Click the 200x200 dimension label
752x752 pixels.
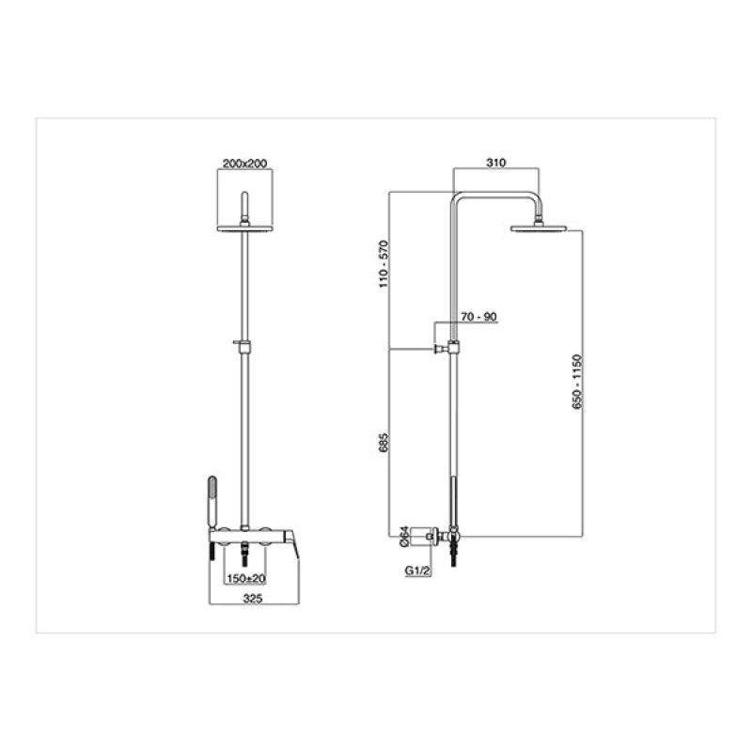[x=244, y=163]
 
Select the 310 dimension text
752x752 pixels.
[x=496, y=163]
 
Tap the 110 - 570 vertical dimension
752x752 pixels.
[x=384, y=264]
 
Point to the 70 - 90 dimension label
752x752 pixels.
[x=478, y=317]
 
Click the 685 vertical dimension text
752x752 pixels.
[x=384, y=443]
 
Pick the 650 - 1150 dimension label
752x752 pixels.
[x=577, y=382]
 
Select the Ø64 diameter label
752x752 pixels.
[x=404, y=537]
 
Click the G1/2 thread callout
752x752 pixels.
[x=418, y=571]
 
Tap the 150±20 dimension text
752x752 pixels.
[x=245, y=579]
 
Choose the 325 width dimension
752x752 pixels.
[x=253, y=599]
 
